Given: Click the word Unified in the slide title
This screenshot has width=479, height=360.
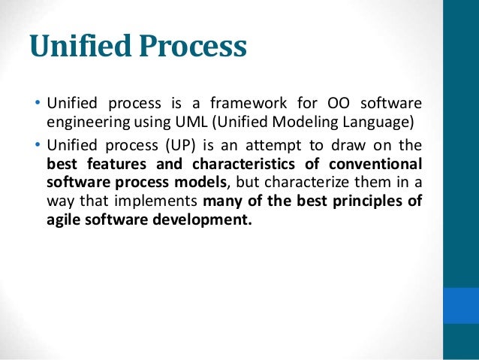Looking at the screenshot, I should tap(82, 47).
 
